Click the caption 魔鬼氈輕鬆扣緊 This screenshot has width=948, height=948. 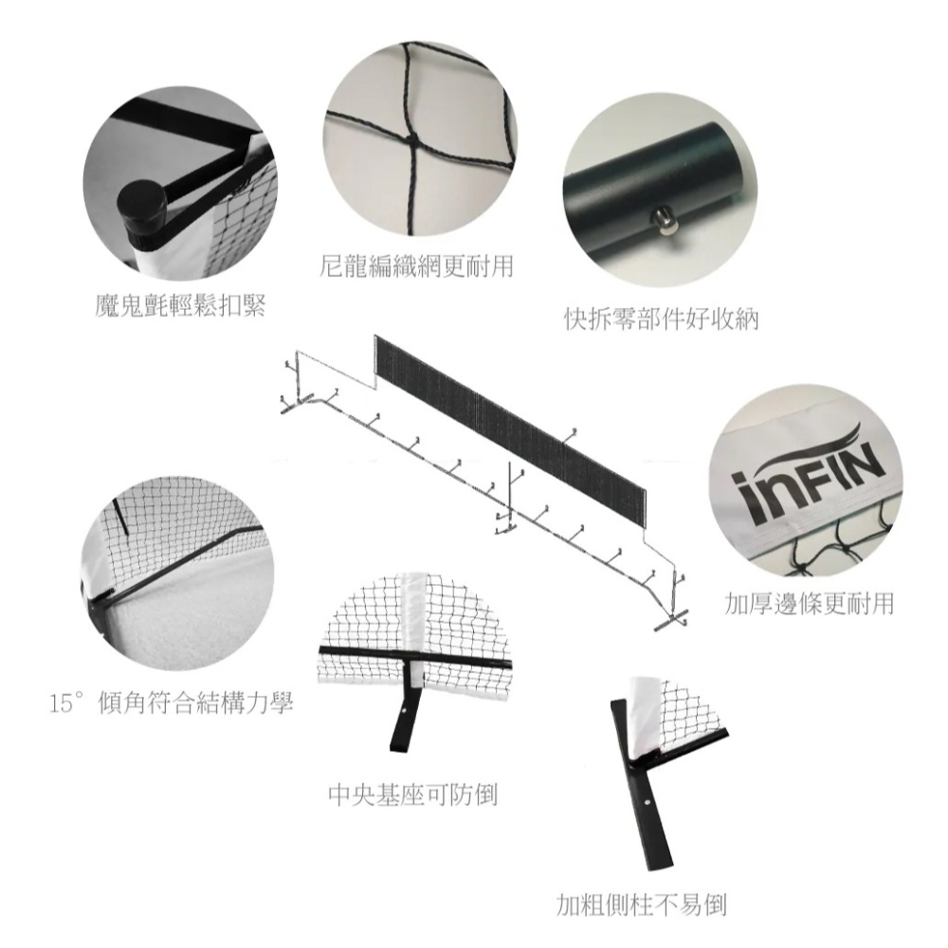tap(180, 307)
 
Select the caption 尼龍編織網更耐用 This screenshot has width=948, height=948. tap(416, 266)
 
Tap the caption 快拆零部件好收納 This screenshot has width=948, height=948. tap(662, 319)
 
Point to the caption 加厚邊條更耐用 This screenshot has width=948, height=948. tap(809, 603)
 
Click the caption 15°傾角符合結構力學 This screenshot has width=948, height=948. tap(171, 703)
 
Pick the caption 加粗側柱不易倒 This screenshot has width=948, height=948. tap(641, 904)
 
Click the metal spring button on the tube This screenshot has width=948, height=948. tap(665, 221)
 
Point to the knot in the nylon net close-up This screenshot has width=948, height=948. tap(411, 140)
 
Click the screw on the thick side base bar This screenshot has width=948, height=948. tap(647, 804)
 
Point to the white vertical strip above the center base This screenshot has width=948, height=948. tap(415, 611)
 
